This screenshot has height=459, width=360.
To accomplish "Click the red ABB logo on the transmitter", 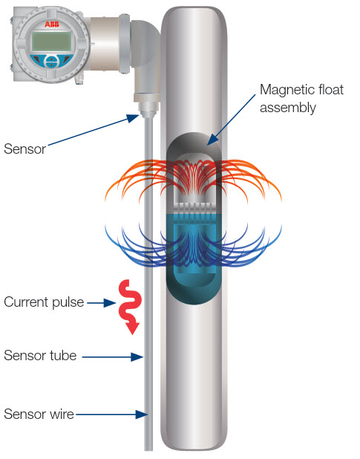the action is pyautogui.click(x=51, y=24).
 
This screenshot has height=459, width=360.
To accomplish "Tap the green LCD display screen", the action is pyautogui.click(x=51, y=42).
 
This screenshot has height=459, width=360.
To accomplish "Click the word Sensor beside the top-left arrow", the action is pyautogui.click(x=24, y=149).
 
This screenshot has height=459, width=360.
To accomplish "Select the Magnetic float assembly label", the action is pyautogui.click(x=301, y=99).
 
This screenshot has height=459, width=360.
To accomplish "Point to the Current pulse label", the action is pyautogui.click(x=44, y=302).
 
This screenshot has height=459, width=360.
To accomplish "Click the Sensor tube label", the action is pyautogui.click(x=40, y=355).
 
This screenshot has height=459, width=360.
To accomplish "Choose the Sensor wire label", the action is pyautogui.click(x=39, y=414).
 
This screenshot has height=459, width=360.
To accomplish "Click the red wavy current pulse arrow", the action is pyautogui.click(x=130, y=306).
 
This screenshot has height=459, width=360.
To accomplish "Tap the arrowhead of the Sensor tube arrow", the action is pyautogui.click(x=137, y=357).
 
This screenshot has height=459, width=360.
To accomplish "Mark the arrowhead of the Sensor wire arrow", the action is pyautogui.click(x=142, y=414).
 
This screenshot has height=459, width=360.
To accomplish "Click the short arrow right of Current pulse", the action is pyautogui.click(x=102, y=303).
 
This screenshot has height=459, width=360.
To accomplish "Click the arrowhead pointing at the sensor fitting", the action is pyautogui.click(x=133, y=118).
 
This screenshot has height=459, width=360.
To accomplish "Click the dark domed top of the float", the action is pyautogui.click(x=193, y=146).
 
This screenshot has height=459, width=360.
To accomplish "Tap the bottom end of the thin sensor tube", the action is pyautogui.click(x=148, y=449).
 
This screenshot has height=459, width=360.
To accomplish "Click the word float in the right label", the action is pyautogui.click(x=330, y=90).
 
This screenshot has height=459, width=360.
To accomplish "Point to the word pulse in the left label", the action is pyautogui.click(x=68, y=303).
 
